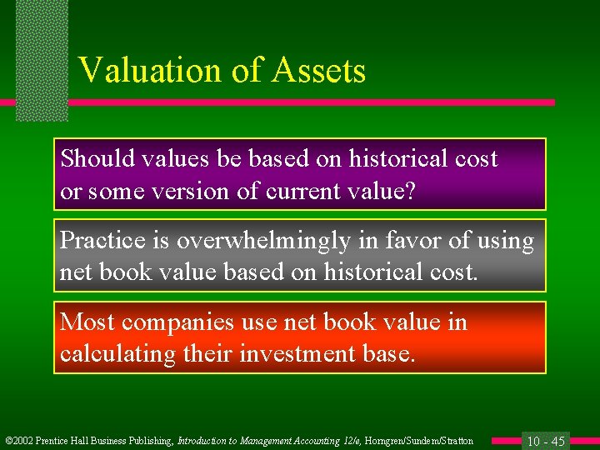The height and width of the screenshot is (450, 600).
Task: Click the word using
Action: click(504, 241)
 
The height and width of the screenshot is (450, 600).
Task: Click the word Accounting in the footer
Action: click(292, 441)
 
